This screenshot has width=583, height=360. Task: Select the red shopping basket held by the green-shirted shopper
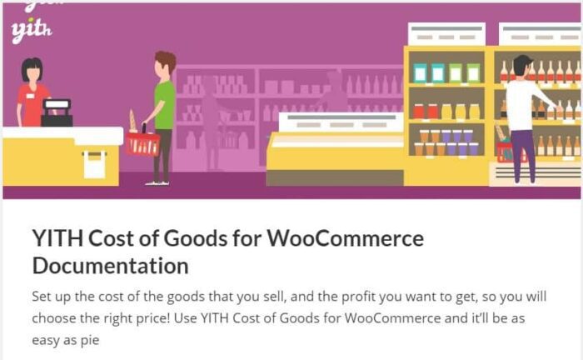142,143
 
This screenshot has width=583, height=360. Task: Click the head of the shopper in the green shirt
165,64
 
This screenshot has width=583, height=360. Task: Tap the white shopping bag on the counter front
94,164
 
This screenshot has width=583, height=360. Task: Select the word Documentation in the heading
110,266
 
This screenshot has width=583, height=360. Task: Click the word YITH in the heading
57,239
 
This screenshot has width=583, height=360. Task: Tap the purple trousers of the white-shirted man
523,154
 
